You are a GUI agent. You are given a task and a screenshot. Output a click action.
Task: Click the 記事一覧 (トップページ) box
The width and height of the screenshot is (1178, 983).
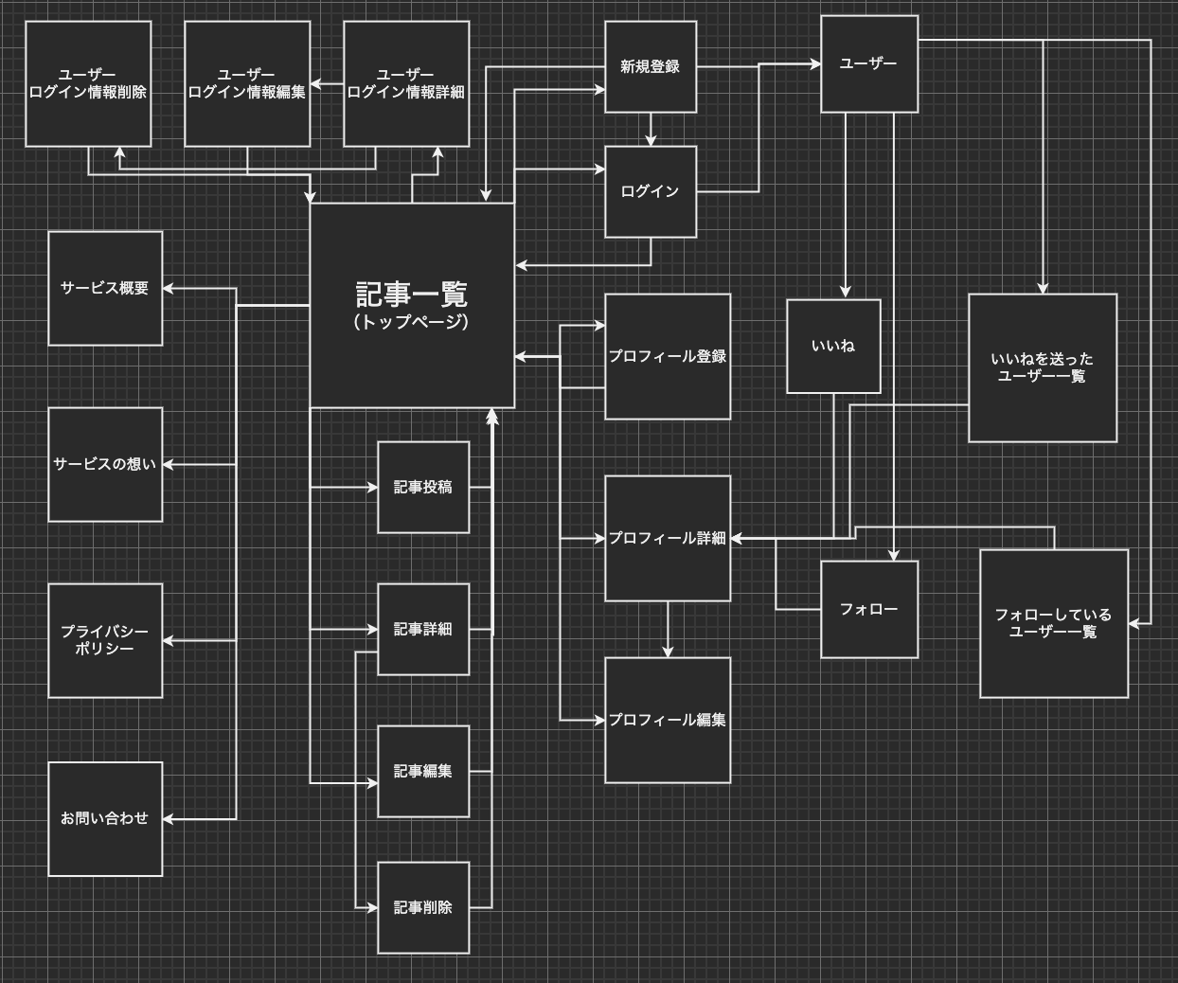[412, 305]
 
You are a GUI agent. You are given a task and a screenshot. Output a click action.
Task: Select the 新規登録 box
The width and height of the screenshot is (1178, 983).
[651, 66]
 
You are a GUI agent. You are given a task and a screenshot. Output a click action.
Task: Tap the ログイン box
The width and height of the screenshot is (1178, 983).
[651, 191]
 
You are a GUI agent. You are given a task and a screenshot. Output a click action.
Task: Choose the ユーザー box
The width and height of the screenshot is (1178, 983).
[868, 63]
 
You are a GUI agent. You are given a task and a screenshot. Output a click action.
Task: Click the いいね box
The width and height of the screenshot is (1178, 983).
[833, 346]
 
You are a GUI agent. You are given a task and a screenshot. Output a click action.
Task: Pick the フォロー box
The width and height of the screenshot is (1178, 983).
[868, 609]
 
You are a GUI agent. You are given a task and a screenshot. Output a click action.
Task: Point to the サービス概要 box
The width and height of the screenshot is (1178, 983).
[105, 288]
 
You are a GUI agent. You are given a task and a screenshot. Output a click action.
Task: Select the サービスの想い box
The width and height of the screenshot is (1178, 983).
[105, 464]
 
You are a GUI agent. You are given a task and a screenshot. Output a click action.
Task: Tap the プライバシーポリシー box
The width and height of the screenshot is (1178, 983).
[105, 640]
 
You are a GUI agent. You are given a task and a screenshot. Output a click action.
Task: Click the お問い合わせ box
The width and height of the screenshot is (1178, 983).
[105, 818]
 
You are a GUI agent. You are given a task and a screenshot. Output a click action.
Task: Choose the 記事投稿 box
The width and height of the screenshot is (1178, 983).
[423, 487]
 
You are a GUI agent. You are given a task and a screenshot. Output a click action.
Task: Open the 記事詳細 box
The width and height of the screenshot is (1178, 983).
[423, 629]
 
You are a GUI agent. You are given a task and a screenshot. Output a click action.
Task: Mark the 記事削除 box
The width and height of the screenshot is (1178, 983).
[423, 907]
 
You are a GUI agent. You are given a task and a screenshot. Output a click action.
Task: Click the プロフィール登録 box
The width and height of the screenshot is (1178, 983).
[668, 356]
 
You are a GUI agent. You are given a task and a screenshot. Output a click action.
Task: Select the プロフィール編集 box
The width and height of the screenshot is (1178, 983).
[668, 720]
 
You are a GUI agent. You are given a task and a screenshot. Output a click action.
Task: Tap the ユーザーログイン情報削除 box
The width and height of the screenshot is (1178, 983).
[88, 83]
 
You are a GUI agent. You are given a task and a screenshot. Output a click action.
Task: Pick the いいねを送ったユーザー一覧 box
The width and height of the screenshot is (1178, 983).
[1042, 367]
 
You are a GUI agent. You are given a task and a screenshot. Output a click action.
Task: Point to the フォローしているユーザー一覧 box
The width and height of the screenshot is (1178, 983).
[1053, 623]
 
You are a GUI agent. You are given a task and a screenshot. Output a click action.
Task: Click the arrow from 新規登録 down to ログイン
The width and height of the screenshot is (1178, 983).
[651, 129]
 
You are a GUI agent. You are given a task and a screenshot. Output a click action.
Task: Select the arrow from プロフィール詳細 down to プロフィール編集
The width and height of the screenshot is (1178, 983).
[668, 629]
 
